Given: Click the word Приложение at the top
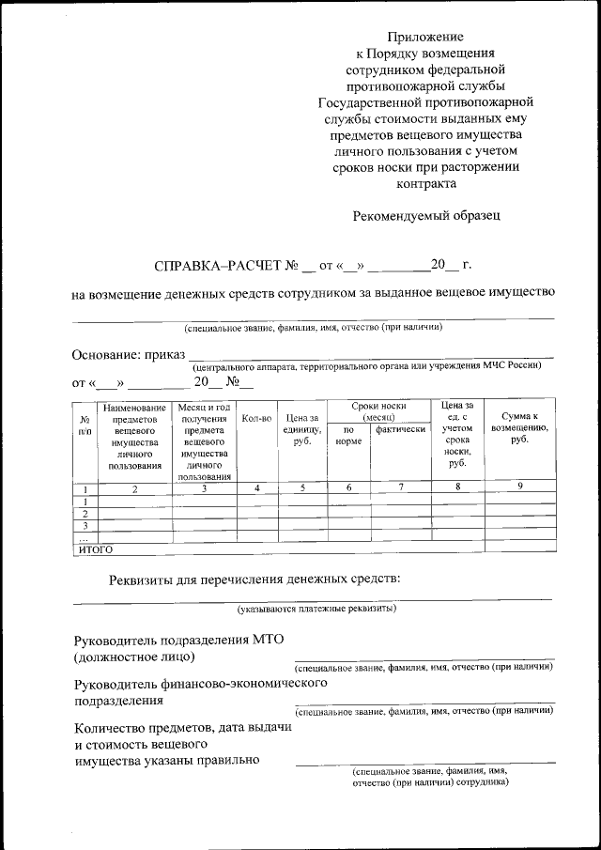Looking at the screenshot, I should point(425,37).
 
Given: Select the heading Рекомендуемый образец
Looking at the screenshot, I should point(426,215).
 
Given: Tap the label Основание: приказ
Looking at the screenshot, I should point(128,355).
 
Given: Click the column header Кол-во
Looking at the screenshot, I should point(256,417).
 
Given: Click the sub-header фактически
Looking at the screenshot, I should point(401,429).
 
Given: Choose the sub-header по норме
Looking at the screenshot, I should point(347,435).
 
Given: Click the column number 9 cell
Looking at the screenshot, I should point(519,486).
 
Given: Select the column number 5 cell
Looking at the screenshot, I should point(301,488).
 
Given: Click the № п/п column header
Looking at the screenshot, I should point(85,424).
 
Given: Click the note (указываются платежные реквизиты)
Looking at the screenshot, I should point(316,608).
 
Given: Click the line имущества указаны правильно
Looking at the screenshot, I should point(166,761).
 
